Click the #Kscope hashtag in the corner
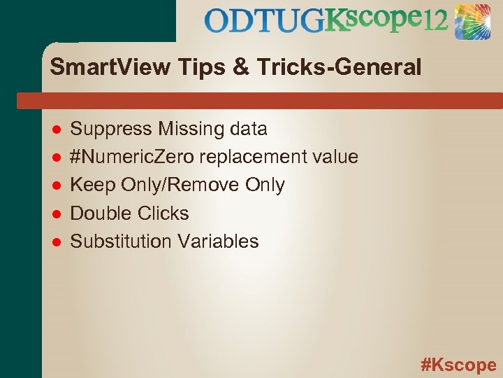point(458,365)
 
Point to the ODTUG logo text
point(265,21)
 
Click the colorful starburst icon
point(474,21)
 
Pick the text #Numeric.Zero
point(133,157)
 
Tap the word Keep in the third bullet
point(93,185)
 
